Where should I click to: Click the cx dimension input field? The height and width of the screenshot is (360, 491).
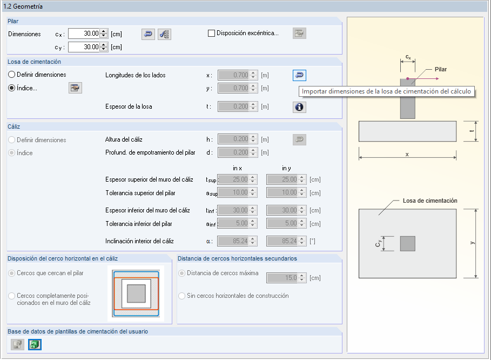(x=84, y=34)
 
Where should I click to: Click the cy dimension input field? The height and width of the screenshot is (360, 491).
(x=84, y=47)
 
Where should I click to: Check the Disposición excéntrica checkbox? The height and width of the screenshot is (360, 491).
(x=212, y=33)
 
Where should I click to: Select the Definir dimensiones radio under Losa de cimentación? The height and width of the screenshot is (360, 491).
(x=12, y=74)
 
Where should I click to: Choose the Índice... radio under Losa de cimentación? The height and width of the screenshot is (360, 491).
(x=12, y=88)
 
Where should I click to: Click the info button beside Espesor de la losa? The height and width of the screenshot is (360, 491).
(x=300, y=107)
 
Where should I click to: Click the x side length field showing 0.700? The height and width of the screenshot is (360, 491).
(x=233, y=75)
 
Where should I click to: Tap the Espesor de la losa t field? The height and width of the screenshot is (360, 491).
(x=233, y=107)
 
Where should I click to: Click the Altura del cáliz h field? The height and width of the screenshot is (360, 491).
(x=233, y=139)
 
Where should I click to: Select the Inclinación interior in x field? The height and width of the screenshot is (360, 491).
(x=233, y=241)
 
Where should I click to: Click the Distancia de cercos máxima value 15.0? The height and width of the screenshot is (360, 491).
(x=284, y=278)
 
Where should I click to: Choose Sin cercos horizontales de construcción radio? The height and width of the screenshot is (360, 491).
(x=182, y=296)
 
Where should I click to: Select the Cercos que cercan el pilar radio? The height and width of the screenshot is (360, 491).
(x=12, y=273)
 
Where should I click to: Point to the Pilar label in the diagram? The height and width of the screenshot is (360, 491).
(x=441, y=69)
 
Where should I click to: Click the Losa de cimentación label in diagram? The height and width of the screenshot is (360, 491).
(x=430, y=201)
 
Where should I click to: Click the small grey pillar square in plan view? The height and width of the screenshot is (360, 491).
(x=408, y=243)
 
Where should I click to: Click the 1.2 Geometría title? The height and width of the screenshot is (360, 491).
(x=23, y=6)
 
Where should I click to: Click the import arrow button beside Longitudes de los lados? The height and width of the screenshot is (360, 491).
(x=300, y=75)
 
